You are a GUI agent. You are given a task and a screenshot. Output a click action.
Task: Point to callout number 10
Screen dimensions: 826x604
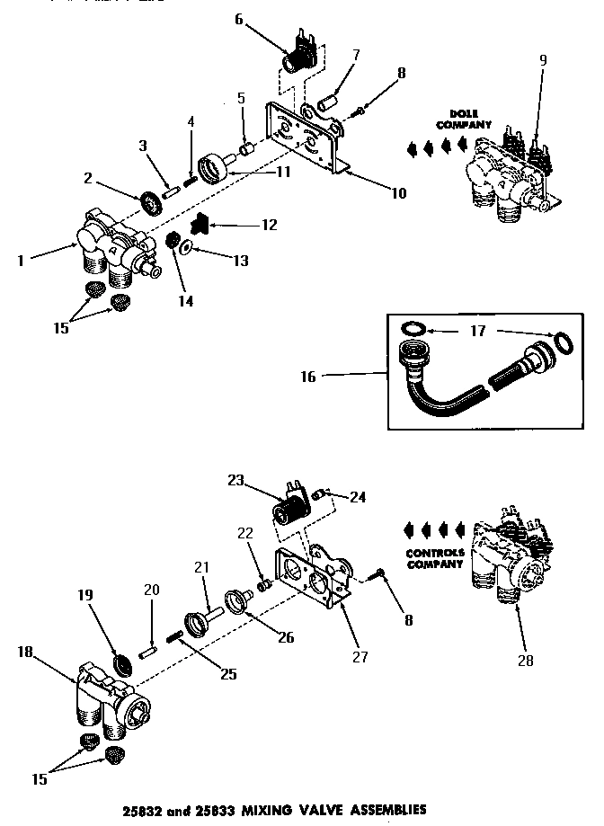click(398, 192)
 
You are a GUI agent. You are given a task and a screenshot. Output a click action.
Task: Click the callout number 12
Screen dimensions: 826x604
click(268, 224)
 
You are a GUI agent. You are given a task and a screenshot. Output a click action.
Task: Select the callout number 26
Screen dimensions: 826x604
click(286, 639)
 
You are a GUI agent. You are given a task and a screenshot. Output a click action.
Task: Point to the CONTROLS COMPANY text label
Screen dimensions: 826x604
click(434, 558)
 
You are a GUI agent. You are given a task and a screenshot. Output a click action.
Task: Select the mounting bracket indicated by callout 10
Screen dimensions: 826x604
click(306, 135)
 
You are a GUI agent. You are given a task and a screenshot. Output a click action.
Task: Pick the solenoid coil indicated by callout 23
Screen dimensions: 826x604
click(289, 518)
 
